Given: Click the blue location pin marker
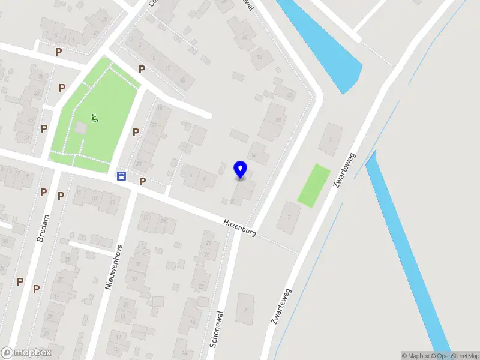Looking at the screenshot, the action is click(x=241, y=169).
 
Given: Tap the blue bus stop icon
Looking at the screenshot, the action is click(x=121, y=176).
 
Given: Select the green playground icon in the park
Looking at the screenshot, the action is click(x=94, y=118).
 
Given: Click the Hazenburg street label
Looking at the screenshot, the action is click(x=239, y=227).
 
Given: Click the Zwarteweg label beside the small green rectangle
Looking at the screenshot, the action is click(x=344, y=171).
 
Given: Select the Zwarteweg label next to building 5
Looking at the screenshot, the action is click(x=281, y=306).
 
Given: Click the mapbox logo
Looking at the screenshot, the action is click(x=26, y=353).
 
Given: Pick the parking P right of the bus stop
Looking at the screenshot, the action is click(x=142, y=181).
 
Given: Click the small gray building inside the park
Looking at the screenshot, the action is click(x=81, y=128).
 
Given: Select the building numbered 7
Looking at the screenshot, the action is click(x=289, y=217).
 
